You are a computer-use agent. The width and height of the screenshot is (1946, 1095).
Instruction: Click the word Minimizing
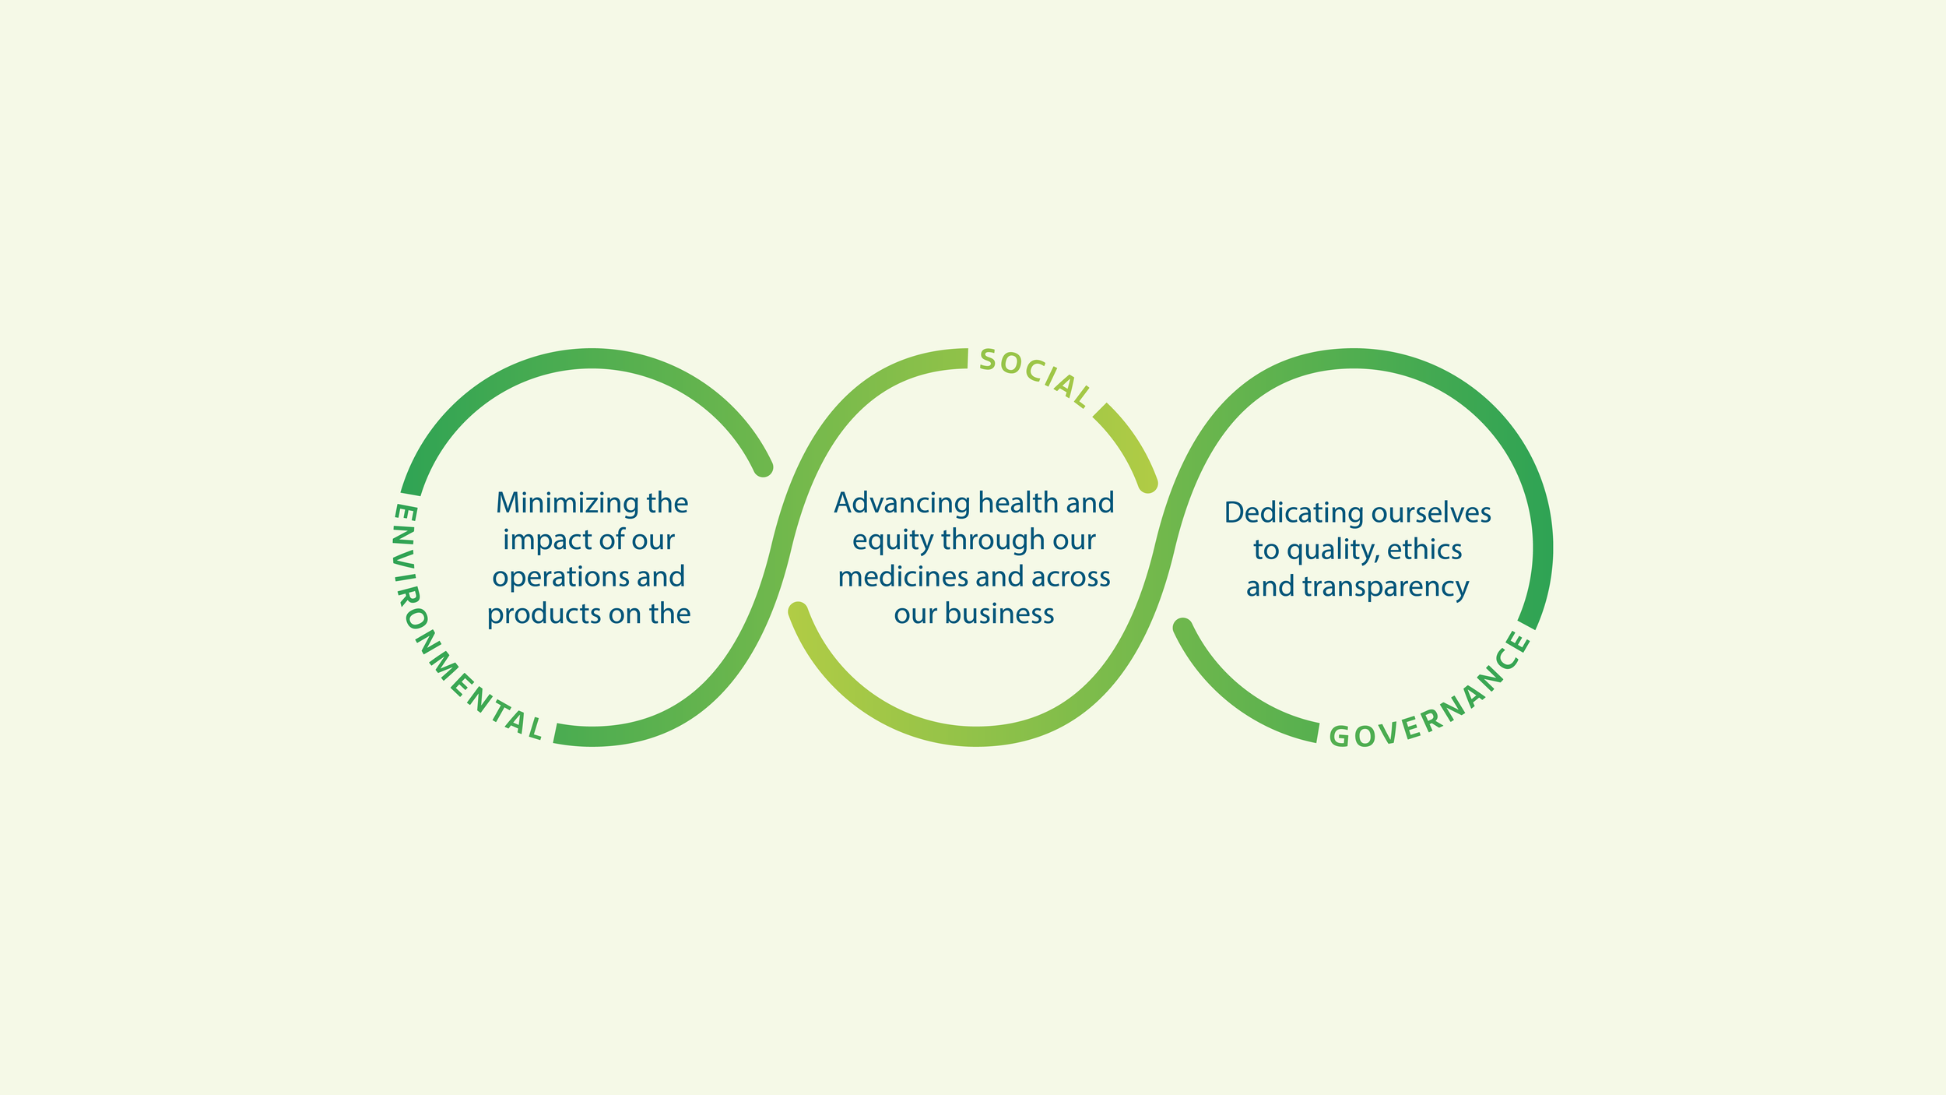[556, 503]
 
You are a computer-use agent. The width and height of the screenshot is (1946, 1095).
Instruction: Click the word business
[999, 614]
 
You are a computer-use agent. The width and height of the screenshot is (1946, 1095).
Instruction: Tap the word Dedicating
[1294, 514]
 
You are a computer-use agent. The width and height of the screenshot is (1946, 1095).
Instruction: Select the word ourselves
[1431, 513]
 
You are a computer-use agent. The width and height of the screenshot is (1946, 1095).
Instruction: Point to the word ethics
[1424, 550]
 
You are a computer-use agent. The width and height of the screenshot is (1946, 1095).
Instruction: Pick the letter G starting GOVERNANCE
[1339, 737]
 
